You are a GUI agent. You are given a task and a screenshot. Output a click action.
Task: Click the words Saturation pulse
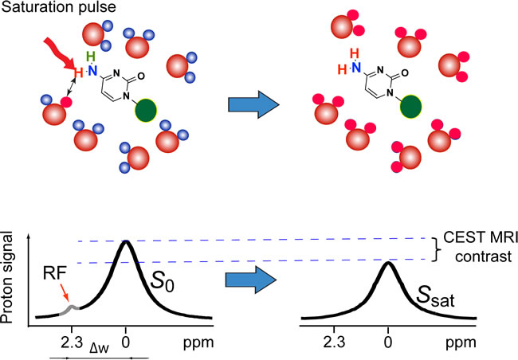pos(49,10)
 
